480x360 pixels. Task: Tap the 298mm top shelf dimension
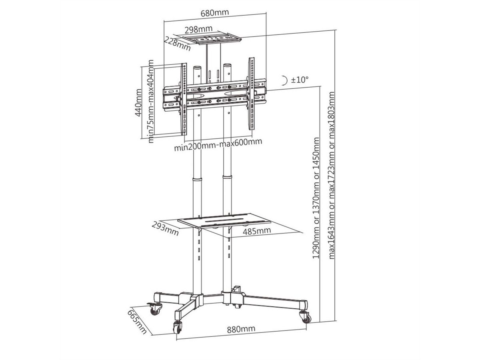pos(199,29)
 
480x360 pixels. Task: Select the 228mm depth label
pos(177,44)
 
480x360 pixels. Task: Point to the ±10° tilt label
pos(300,80)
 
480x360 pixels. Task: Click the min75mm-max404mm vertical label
pos(151,101)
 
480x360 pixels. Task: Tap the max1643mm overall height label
pos(332,175)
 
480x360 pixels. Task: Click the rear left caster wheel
pos(156,309)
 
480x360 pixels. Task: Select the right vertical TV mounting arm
pos(252,94)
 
